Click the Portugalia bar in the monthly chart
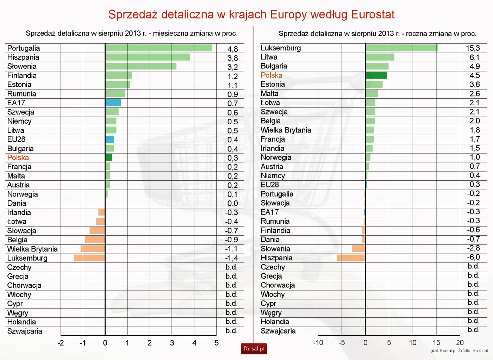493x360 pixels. (158, 48)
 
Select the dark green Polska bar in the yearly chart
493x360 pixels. (376, 75)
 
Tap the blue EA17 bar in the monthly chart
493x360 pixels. (113, 103)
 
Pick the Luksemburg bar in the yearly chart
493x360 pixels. (401, 48)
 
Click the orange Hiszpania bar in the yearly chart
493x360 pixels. (351, 258)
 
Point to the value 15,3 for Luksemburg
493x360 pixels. (473, 48)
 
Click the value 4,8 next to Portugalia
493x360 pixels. (232, 49)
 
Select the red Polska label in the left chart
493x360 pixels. (18, 157)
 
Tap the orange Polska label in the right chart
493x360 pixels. (271, 75)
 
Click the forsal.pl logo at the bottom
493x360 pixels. (254, 349)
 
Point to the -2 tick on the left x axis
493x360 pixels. (61, 343)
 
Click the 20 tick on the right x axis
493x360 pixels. (460, 343)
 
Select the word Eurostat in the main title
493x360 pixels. (373, 14)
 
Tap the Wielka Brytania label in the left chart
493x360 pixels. (32, 249)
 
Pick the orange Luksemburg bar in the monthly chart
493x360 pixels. (89, 258)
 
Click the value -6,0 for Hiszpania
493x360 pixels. (473, 257)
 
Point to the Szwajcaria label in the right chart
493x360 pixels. (278, 331)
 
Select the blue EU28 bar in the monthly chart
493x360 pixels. (110, 139)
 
